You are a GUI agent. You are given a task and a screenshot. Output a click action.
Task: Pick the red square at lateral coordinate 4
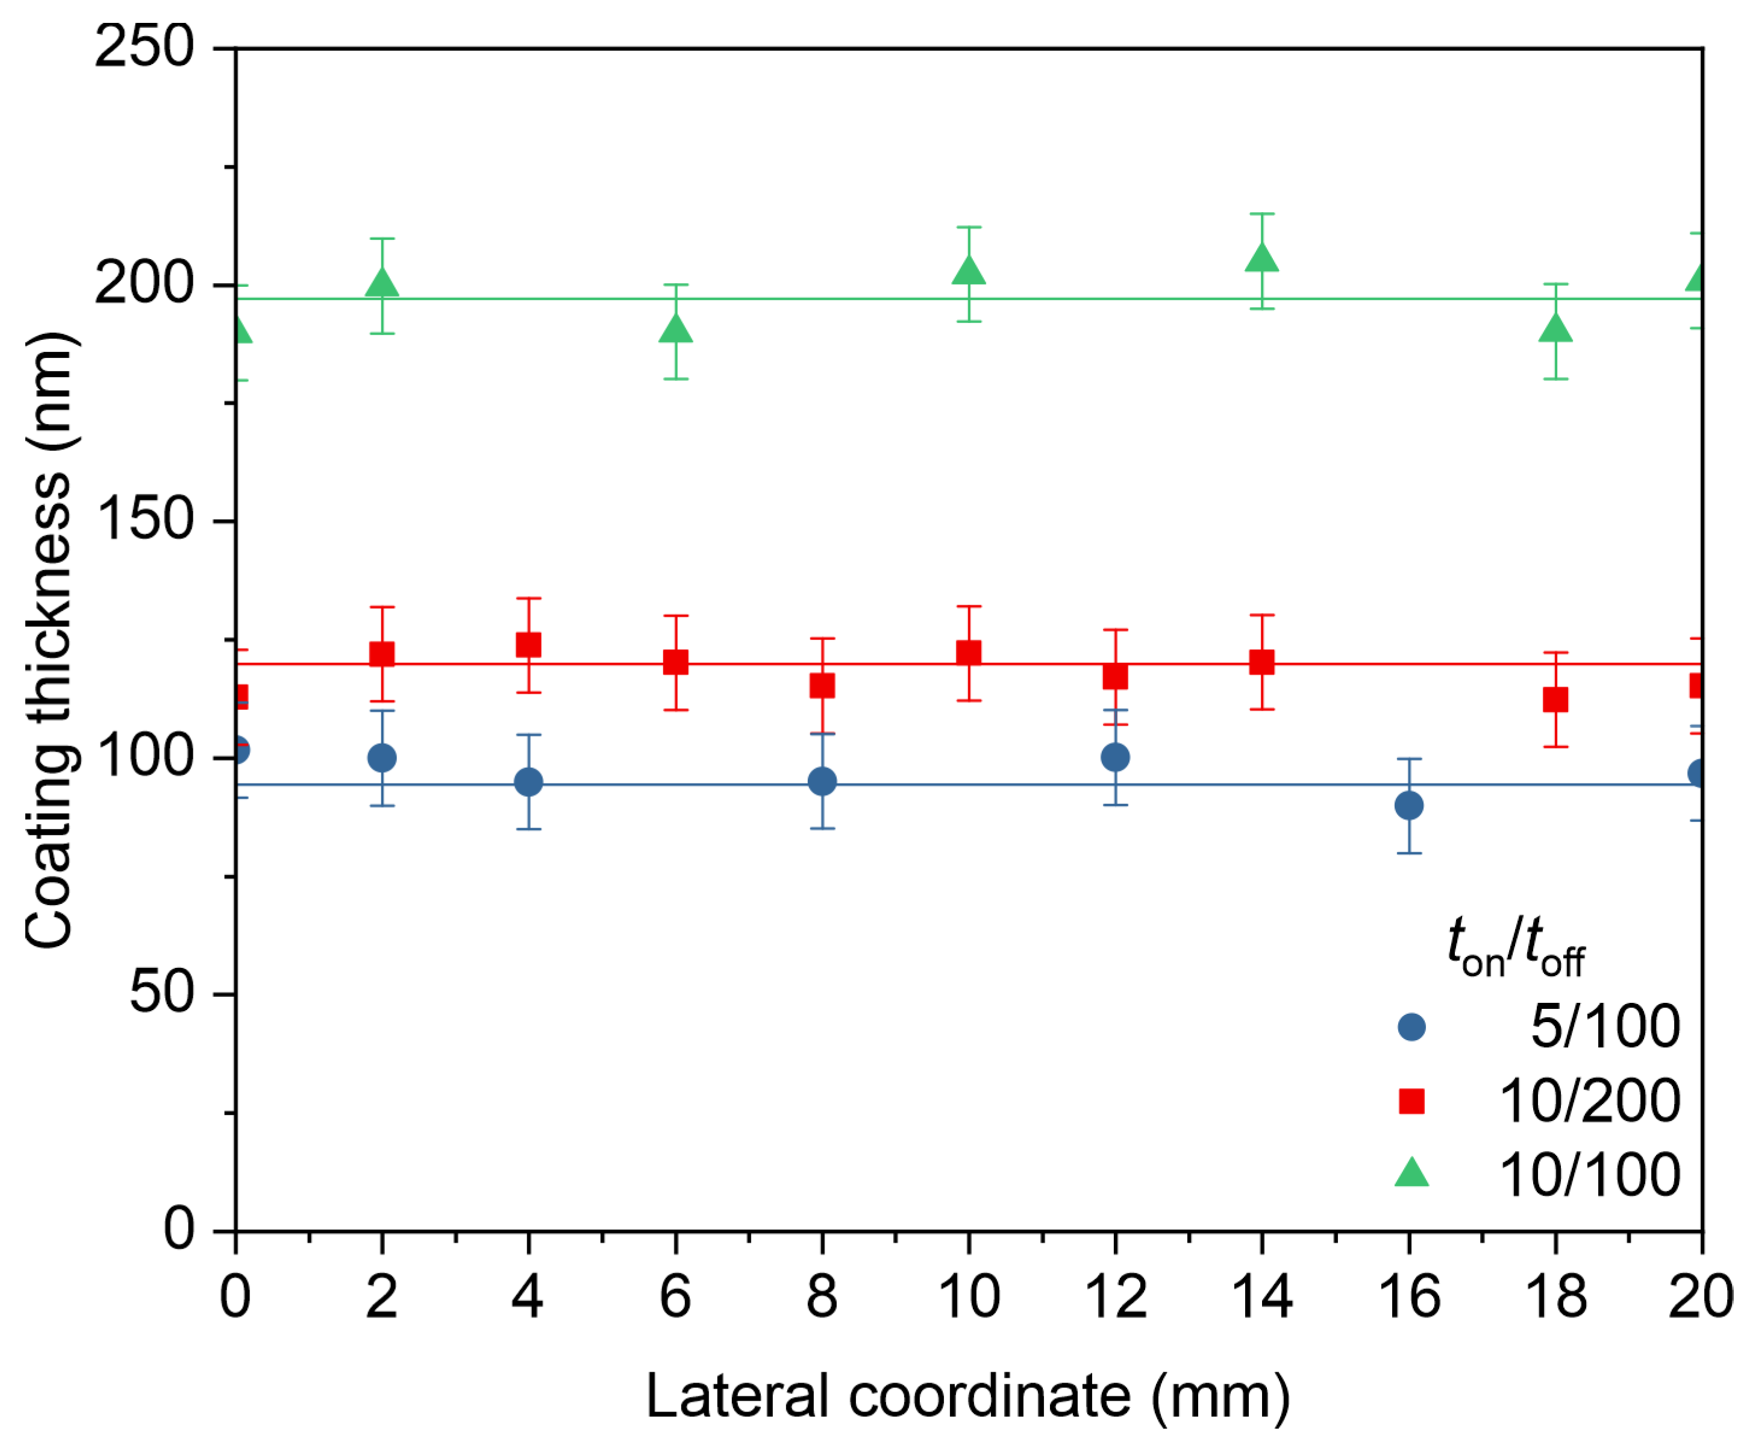click(528, 645)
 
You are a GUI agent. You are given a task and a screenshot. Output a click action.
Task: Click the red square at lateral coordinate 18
click(1555, 700)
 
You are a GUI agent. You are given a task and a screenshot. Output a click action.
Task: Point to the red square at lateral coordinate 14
click(1261, 662)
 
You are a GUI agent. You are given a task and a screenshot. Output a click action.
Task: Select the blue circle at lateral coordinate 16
click(1408, 805)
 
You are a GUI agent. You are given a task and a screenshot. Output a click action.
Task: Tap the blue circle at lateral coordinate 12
click(1114, 757)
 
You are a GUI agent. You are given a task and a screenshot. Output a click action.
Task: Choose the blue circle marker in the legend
click(1411, 1027)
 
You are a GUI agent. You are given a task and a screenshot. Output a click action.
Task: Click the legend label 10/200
click(1589, 1101)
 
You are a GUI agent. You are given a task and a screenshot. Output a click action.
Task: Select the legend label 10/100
click(1589, 1175)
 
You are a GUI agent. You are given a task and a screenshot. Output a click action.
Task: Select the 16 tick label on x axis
click(1408, 1296)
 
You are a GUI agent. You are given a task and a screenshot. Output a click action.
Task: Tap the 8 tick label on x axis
click(822, 1296)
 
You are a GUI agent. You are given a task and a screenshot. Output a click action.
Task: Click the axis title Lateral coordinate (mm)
click(967, 1395)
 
